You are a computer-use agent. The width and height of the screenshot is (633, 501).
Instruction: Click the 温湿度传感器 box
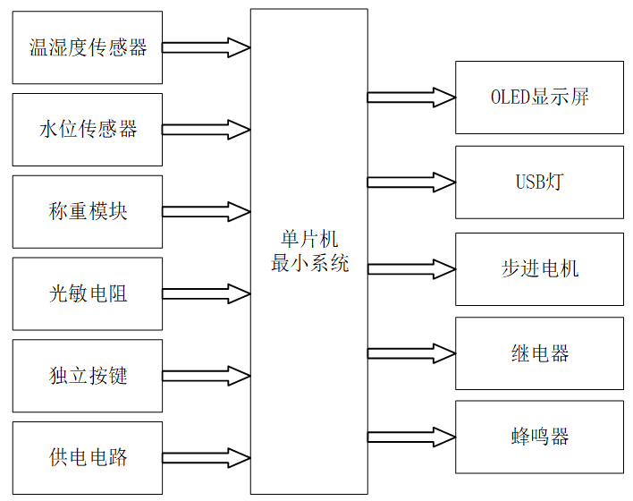point(88,47)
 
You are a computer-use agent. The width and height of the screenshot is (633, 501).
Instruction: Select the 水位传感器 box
point(88,130)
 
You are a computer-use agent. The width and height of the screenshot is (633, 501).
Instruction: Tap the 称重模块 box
point(88,212)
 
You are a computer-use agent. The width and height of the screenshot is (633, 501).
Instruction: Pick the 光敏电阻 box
point(88,293)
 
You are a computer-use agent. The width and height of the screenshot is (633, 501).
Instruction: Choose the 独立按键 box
point(88,376)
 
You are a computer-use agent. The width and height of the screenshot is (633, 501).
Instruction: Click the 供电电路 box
point(88,458)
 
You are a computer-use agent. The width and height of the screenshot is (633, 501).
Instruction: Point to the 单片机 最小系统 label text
point(309,251)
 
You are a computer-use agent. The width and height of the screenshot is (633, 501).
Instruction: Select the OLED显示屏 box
point(539,98)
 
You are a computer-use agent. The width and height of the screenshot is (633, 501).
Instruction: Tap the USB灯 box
point(539,183)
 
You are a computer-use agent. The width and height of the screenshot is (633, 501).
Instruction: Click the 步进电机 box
point(539,268)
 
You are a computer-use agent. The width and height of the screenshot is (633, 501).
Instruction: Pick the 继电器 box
point(539,353)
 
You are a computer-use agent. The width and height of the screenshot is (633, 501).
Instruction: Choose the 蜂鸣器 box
point(539,437)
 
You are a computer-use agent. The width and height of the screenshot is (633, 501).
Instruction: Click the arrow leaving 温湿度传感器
point(207,47)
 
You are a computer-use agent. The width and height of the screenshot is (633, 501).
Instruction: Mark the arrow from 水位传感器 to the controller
point(207,130)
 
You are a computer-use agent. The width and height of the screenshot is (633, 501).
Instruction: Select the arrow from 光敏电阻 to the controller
point(207,293)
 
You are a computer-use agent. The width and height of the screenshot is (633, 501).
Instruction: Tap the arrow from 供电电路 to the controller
point(207,458)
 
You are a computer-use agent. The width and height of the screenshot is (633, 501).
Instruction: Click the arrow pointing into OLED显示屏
point(411,98)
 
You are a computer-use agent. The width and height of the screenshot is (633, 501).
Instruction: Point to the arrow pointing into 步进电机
point(411,268)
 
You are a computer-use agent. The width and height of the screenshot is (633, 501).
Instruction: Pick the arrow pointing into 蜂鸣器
point(411,437)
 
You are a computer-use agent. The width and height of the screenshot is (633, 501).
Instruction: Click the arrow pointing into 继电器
point(411,353)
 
